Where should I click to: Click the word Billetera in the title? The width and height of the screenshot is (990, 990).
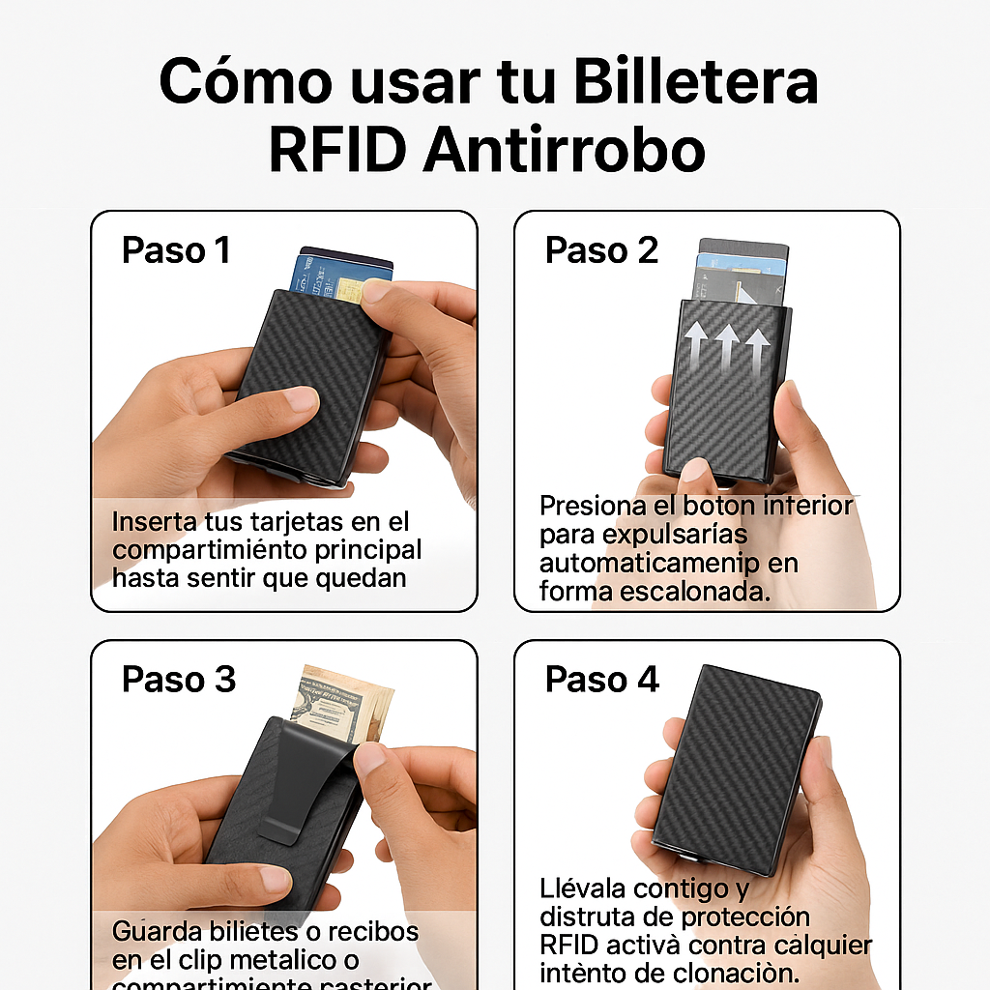(x=695, y=82)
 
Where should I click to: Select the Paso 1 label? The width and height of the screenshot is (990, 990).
(x=176, y=250)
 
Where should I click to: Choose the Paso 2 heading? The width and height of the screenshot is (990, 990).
(x=601, y=250)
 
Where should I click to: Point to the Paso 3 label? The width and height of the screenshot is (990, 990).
(x=179, y=680)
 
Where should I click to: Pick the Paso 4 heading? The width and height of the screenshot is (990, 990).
(x=601, y=680)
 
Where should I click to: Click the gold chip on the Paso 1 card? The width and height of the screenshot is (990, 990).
(x=348, y=289)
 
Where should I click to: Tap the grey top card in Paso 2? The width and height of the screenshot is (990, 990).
(x=743, y=247)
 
